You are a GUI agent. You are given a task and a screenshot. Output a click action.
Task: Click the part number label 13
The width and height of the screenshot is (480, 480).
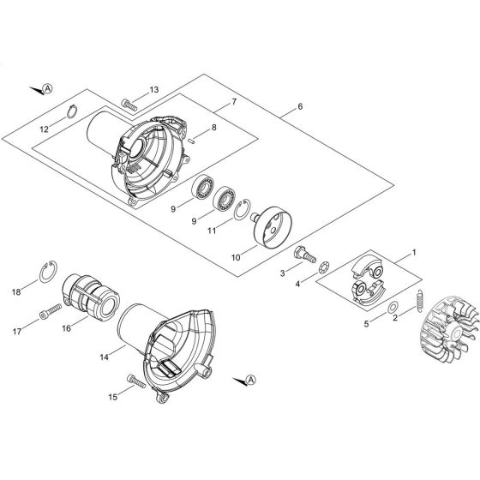(x=154, y=90)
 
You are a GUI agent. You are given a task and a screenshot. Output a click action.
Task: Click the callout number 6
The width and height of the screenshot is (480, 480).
(x=300, y=107)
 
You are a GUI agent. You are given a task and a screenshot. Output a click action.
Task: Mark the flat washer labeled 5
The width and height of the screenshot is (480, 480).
(x=391, y=308)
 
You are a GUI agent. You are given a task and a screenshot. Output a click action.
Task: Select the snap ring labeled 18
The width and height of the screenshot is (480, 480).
(x=51, y=275)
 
